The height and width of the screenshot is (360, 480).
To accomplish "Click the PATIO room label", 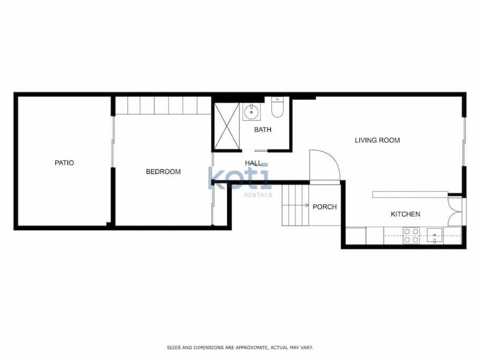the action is click(x=64, y=162).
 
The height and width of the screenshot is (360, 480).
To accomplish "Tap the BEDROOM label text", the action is click(x=163, y=171).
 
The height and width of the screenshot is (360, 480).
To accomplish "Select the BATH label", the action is click(x=262, y=130).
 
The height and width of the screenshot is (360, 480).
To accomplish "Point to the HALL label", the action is click(x=253, y=163).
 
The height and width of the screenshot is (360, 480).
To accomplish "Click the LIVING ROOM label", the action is click(x=377, y=140).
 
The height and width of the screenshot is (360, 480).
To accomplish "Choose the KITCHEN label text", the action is click(x=405, y=214).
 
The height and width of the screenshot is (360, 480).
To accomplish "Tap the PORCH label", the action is click(x=325, y=207).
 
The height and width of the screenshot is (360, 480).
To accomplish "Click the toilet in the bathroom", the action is click(x=277, y=107).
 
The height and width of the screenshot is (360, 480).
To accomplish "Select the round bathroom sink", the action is click(x=252, y=112).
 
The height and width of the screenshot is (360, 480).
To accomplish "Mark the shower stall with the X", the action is click(x=227, y=126).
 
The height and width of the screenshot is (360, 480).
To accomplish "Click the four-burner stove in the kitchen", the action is click(x=411, y=236).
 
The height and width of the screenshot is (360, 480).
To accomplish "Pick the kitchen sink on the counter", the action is click(x=435, y=236).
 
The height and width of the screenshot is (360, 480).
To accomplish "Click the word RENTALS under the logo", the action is click(x=258, y=195).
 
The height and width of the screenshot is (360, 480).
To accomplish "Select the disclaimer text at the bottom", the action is click(x=240, y=347).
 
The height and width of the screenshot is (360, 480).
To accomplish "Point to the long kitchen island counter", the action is click(x=410, y=194).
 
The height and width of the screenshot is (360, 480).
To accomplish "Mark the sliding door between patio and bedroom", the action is click(x=113, y=141).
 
